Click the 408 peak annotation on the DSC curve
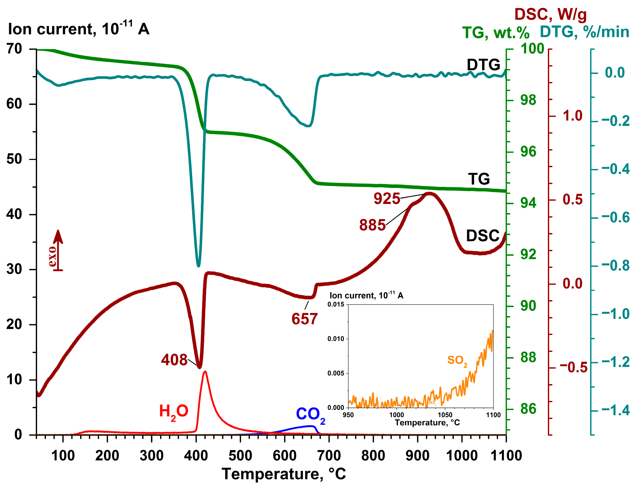click(174, 360)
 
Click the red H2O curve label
click(174, 412)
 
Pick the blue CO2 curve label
click(310, 415)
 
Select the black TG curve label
click(479, 179)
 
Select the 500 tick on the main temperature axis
click(240, 455)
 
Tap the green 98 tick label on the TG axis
click(528, 100)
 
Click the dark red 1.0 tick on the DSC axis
click(572, 116)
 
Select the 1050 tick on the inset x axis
click(445, 415)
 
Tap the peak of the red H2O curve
click(205, 372)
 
